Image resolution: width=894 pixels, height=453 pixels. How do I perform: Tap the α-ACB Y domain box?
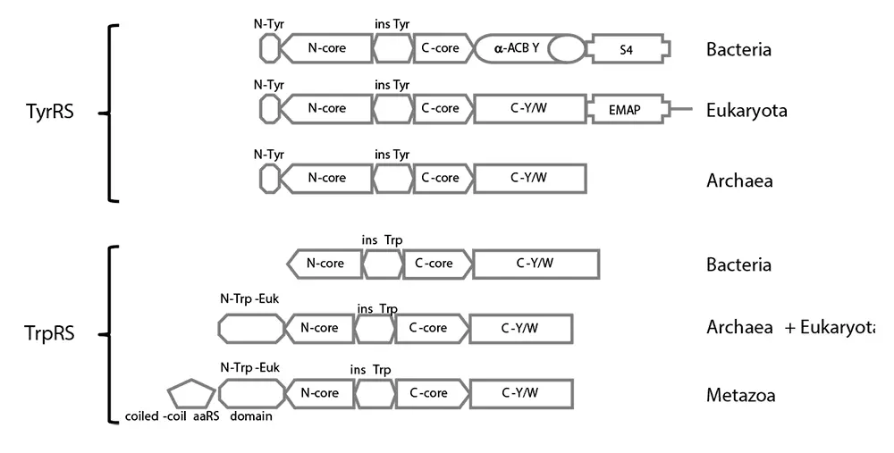tap(517, 48)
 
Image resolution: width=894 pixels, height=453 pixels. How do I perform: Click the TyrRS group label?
tap(51, 113)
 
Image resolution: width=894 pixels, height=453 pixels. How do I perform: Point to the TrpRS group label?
tap(49, 334)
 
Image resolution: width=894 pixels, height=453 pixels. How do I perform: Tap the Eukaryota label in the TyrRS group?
tap(746, 111)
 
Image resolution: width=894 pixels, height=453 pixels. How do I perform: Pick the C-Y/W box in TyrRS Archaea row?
tap(529, 178)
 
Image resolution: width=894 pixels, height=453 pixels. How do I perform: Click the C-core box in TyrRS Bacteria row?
tap(442, 48)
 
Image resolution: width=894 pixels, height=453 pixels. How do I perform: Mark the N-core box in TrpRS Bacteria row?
tap(325, 264)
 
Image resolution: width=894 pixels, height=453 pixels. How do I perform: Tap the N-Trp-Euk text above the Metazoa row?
tap(249, 367)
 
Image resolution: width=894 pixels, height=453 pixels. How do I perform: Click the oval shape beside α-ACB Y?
tap(566, 49)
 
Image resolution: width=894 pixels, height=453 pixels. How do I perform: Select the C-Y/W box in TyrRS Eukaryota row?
tap(529, 108)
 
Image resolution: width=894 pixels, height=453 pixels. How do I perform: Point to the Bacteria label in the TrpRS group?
tap(738, 265)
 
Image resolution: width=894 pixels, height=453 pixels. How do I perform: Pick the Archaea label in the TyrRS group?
tap(739, 180)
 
